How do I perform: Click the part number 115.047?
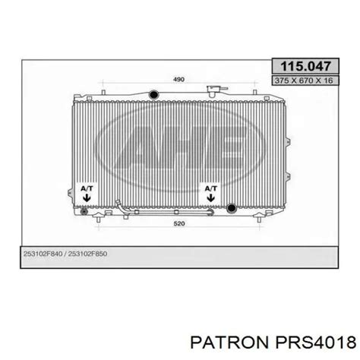coord(305,66)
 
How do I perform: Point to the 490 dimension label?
coord(178,79)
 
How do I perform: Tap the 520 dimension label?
coord(179,223)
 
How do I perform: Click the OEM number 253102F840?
coord(43,254)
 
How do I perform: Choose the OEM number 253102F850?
coord(87,254)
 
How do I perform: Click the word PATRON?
coord(229,343)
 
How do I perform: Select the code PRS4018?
coord(316,343)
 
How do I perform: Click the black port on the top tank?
coord(153,94)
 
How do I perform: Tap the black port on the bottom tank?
coord(231,208)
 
